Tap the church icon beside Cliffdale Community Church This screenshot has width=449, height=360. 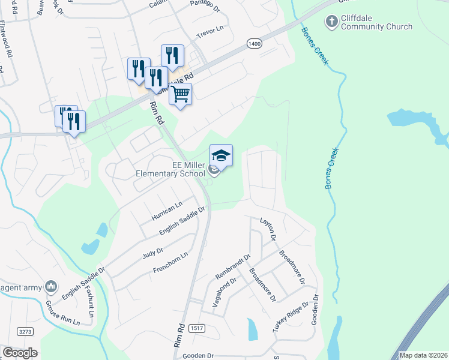tap(331, 22)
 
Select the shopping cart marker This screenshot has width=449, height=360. tap(180, 95)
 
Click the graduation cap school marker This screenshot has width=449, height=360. tap(221, 156)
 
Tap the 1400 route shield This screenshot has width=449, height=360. tap(254, 44)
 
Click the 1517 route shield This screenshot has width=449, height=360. tap(196, 328)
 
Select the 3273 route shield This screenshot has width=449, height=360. tap(25, 331)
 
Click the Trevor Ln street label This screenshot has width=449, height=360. tap(209, 29)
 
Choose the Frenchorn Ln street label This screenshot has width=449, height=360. tap(170, 263)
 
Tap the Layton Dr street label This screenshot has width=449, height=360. tap(268, 229)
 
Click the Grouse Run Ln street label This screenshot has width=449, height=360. tap(62, 313)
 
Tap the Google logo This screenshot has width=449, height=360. tap(20, 353)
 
